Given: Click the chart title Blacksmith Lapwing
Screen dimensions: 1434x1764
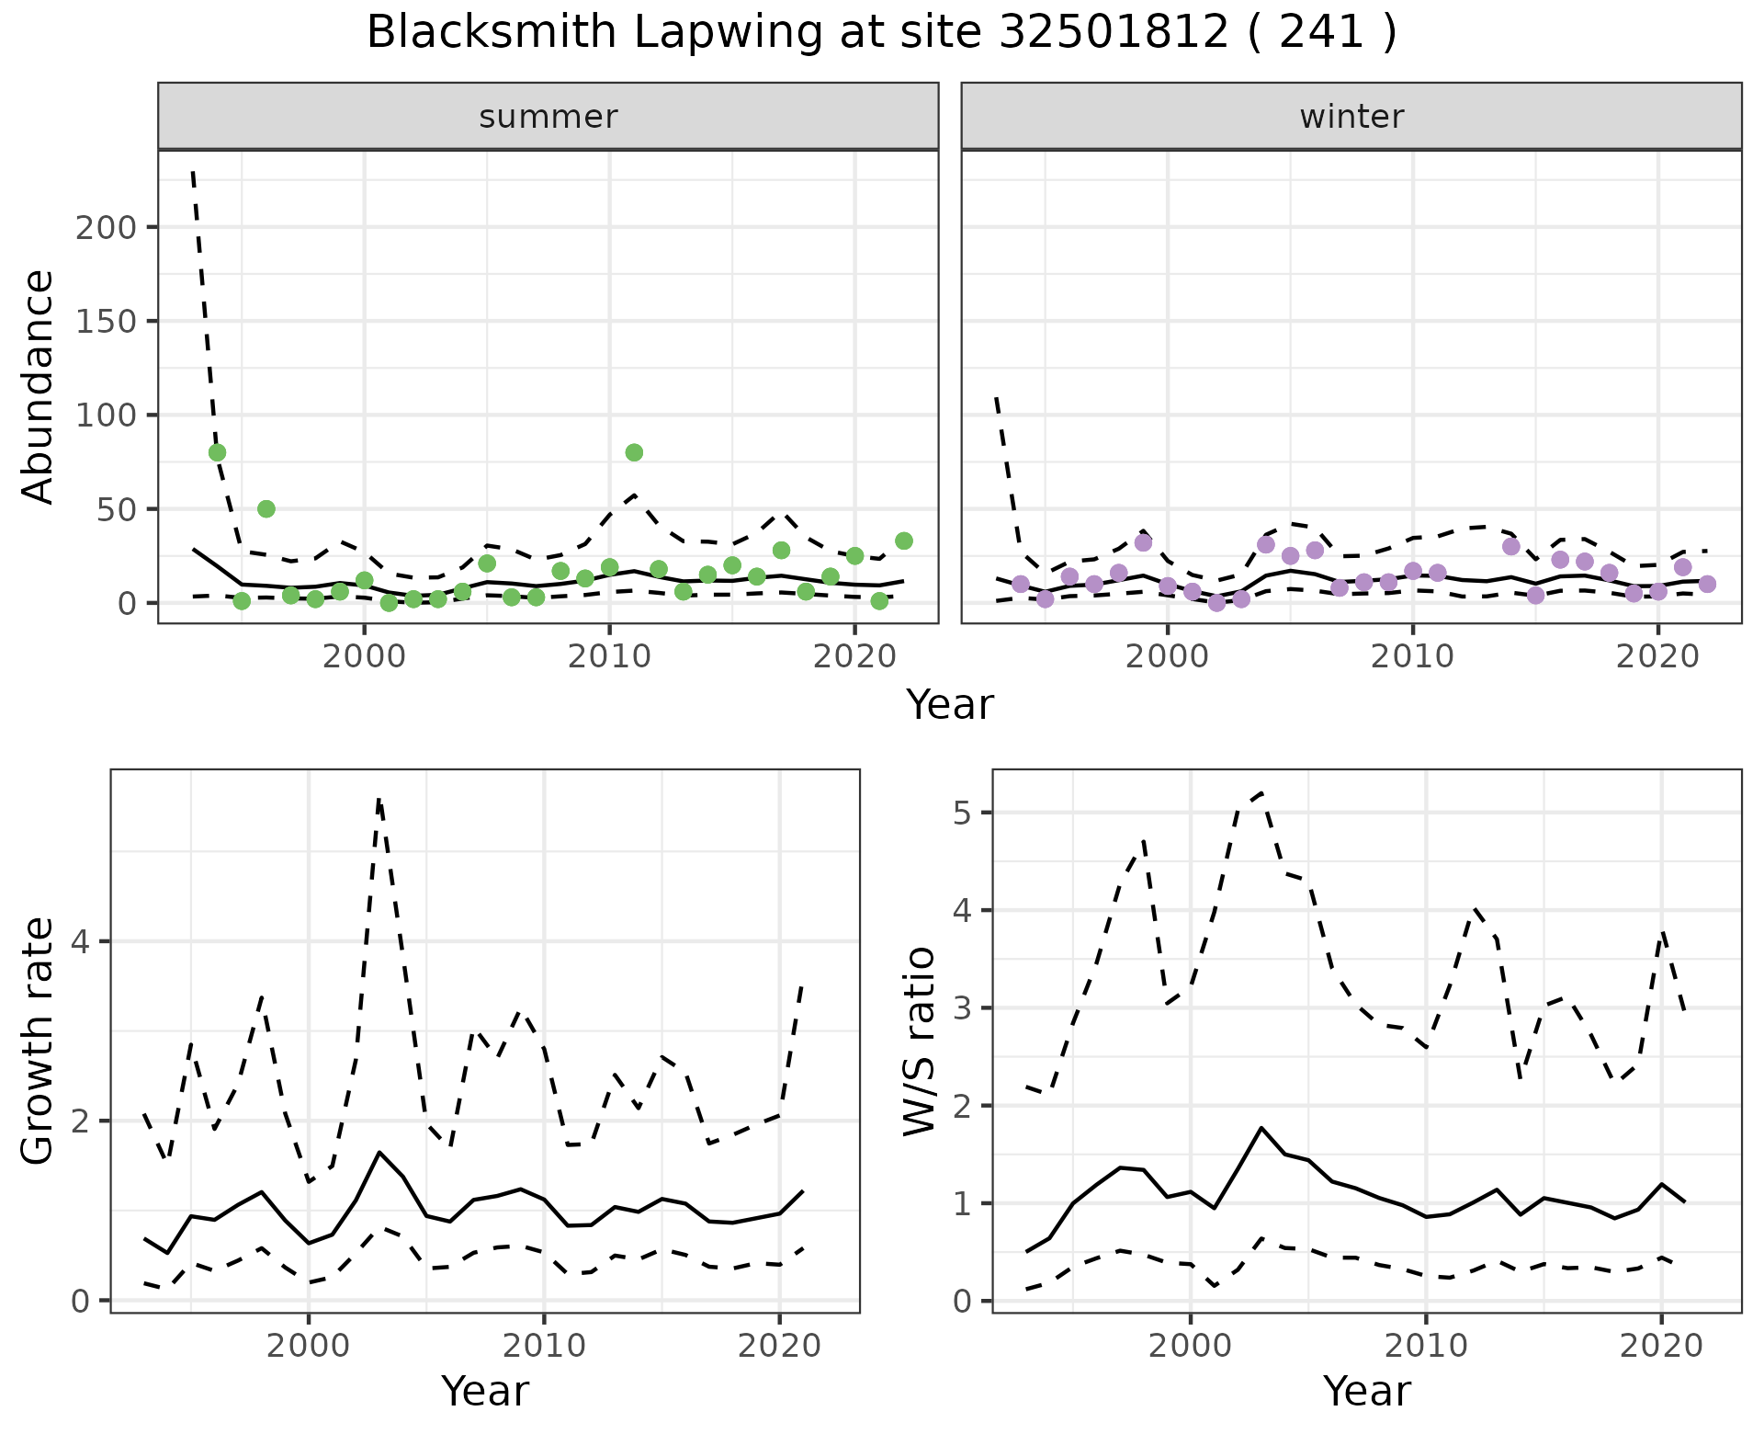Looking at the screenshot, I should (881, 33).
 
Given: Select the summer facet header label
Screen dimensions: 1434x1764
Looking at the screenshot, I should (548, 117).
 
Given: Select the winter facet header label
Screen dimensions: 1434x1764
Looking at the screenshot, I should (1351, 117).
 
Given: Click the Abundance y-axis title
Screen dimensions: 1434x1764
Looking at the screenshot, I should (39, 386).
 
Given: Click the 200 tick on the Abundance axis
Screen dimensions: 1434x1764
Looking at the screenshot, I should (106, 227).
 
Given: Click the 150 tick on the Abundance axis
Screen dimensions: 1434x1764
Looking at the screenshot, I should (106, 321).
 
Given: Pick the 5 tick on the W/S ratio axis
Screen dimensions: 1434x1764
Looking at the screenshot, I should (961, 813).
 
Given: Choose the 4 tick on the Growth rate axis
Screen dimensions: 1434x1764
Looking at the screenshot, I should (81, 941).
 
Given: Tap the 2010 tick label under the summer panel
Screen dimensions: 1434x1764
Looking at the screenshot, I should (609, 656).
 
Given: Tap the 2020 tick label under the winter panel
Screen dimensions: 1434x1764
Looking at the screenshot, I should (1657, 656).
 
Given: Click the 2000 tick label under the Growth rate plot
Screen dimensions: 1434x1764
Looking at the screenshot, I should (309, 1346).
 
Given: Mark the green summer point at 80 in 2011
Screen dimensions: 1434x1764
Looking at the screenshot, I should (634, 452).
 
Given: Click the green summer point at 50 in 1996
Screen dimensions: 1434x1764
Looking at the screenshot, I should (266, 508).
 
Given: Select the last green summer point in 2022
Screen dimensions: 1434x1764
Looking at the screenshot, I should (904, 541).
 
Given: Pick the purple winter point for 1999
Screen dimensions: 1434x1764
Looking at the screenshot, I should (1143, 542).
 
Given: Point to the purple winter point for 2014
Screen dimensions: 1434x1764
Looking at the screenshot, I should (1511, 546).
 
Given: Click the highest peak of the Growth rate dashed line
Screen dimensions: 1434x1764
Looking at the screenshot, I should (379, 800).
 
